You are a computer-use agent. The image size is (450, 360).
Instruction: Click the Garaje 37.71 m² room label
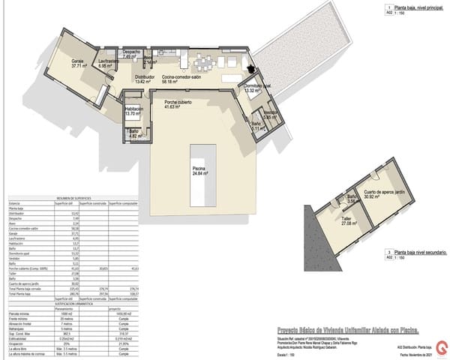76,63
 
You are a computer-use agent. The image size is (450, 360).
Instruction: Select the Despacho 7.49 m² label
133,54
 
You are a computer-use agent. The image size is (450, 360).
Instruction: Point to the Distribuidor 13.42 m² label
145,79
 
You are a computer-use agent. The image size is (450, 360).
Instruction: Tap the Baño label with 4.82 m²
135,135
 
